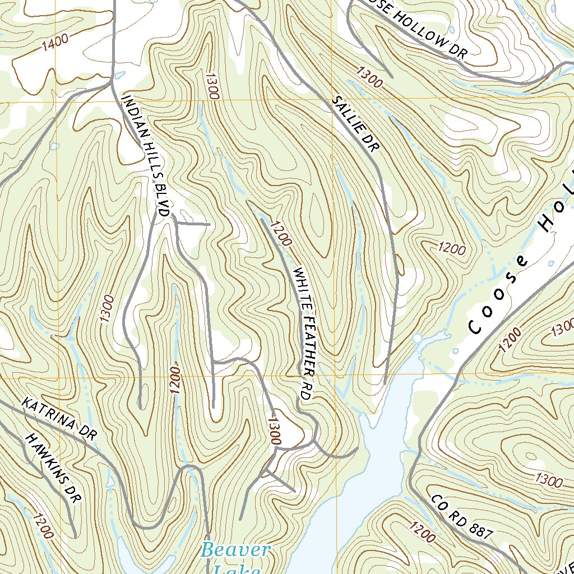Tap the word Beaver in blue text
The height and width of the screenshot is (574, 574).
tap(236, 550)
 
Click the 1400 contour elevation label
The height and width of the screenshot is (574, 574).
tap(54, 43)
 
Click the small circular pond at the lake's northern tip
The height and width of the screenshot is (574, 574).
tap(417, 339)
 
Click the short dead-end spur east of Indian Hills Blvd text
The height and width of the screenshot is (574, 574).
tap(193, 224)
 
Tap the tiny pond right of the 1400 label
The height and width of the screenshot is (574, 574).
tap(119, 75)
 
